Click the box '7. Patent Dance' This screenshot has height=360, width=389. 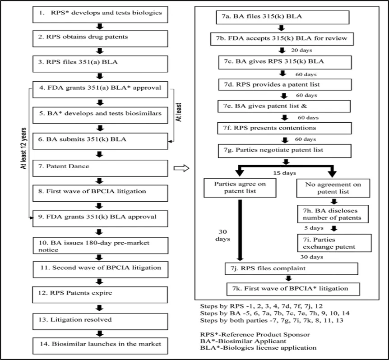click(x=100, y=168)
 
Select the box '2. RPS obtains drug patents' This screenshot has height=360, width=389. click(x=100, y=39)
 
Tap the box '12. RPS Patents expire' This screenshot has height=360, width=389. click(x=100, y=295)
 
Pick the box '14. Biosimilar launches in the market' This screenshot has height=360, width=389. click(x=100, y=346)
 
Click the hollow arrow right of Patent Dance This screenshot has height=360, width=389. click(x=181, y=168)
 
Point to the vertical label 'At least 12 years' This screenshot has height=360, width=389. click(x=23, y=148)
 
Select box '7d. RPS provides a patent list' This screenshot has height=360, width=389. click(x=285, y=84)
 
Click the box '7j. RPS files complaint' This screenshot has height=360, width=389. click(x=292, y=268)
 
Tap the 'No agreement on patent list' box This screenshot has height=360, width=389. click(x=333, y=188)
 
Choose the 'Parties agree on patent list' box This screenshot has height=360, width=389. click(x=240, y=188)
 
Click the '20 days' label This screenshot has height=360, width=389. click(x=301, y=51)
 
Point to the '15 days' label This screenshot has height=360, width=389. click(x=285, y=173)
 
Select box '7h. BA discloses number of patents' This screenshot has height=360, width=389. click(x=333, y=214)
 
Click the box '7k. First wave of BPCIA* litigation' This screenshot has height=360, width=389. click(x=293, y=289)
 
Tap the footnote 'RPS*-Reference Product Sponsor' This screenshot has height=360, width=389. click(x=255, y=334)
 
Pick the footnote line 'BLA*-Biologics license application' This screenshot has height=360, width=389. click(x=258, y=348)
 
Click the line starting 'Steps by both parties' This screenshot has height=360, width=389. click(x=272, y=320)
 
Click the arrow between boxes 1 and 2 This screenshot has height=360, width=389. click(x=100, y=27)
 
